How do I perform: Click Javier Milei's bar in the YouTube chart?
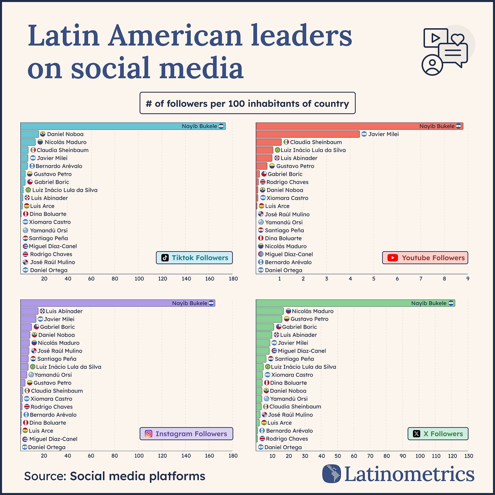tap(307, 134)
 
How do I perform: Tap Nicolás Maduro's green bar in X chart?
tap(270, 311)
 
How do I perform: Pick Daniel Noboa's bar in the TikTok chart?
tap(30, 134)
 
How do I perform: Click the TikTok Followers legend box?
tap(194, 258)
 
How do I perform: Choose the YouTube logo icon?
tap(393, 258)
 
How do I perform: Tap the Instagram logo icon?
tap(149, 433)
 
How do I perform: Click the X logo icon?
tap(416, 433)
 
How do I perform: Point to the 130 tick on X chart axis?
tap(468, 456)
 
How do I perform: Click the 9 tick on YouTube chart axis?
tap(468, 279)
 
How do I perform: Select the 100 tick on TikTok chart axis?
tap(139, 279)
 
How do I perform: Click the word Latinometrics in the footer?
tap(409, 474)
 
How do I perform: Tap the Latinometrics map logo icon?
tap(331, 474)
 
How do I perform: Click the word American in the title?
tap(175, 36)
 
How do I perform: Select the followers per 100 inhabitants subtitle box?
tap(247, 103)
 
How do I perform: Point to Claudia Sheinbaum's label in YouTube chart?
tap(315, 142)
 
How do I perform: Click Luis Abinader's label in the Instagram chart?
tap(64, 311)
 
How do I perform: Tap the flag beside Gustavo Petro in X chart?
tap(287, 319)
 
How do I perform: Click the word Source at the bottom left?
tap(45, 476)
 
